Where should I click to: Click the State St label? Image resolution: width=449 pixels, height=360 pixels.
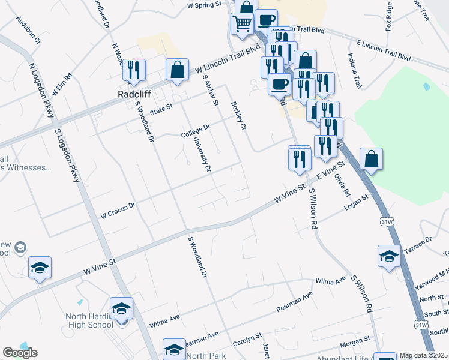click(161, 109)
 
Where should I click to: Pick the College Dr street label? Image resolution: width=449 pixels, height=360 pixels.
click(196, 130)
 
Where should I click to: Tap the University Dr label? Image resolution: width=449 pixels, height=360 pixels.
click(202, 154)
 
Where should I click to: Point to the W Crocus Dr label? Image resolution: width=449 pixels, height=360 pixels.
click(118, 209)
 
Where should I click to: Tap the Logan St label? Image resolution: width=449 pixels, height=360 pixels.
click(355, 203)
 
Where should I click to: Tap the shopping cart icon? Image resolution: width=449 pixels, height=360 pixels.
click(242, 23)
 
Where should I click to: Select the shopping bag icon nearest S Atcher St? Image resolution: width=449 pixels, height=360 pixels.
click(178, 69)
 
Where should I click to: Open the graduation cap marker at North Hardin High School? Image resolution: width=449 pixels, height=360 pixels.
click(122, 308)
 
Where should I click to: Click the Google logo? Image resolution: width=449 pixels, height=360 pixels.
click(20, 352)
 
